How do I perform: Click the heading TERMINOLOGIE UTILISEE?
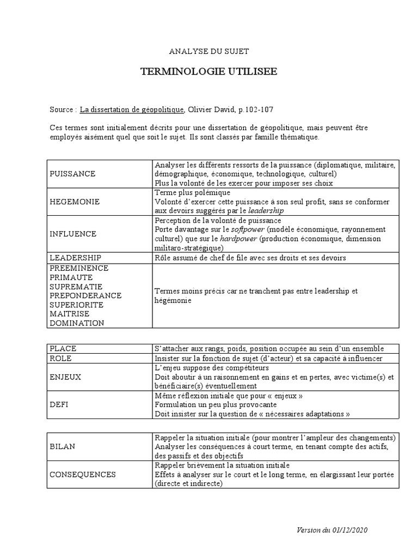209,72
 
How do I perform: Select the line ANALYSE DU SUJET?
208,51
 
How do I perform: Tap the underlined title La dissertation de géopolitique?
132,110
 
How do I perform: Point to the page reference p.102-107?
256,110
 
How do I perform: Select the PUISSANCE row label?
72,174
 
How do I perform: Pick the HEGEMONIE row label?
75,202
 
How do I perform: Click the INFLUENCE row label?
73,234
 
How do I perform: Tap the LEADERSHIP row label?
75,257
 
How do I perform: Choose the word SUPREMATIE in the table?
76,287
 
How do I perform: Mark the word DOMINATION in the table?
77,323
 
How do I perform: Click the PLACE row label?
63,349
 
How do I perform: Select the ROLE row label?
61,359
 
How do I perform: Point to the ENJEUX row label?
65,377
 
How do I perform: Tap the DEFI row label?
59,405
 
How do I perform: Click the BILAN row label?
62,446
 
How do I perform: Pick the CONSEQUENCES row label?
83,474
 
